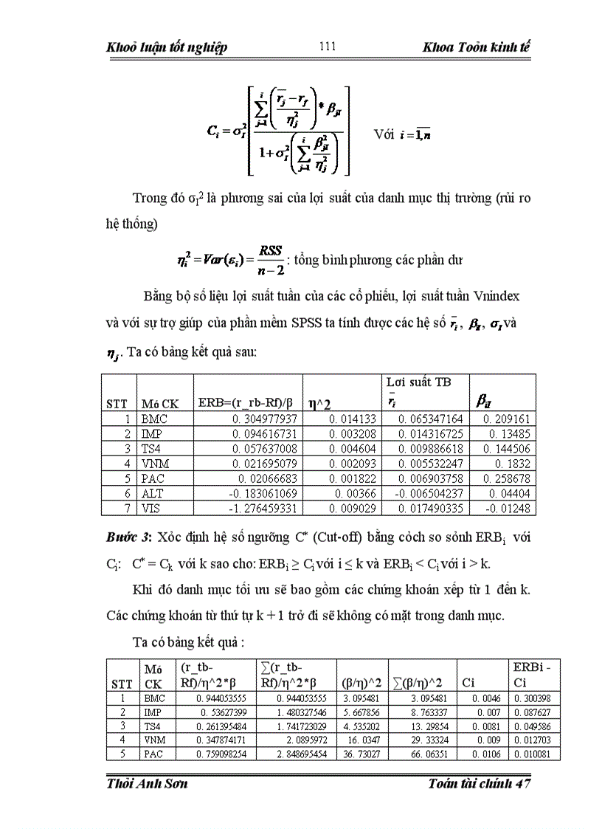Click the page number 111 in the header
328,47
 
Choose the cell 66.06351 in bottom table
423,754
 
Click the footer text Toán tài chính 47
479,783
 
